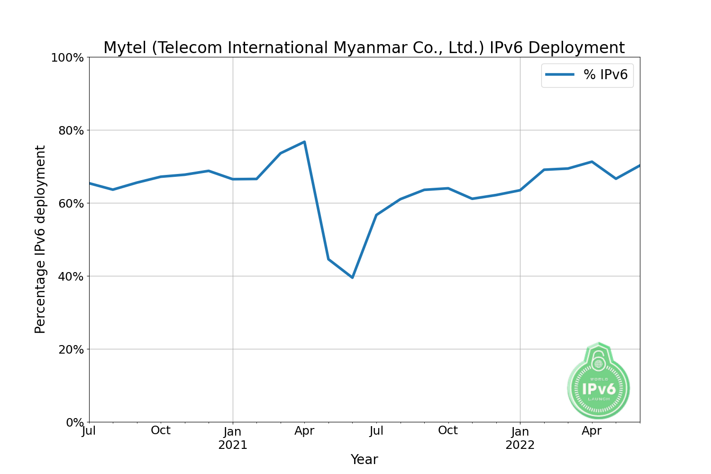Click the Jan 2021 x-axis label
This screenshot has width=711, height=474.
pos(233,438)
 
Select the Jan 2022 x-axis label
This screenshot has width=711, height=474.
pos(520,438)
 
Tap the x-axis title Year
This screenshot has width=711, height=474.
pos(364,460)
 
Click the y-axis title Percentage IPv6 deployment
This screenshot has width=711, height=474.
pos(40,239)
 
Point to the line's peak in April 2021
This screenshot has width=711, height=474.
pos(304,142)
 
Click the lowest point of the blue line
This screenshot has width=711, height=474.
pos(352,277)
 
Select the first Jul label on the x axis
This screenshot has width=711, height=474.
pos(89,431)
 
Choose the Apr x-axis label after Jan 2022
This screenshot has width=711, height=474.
pos(592,431)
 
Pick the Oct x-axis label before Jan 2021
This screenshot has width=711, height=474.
pos(161,431)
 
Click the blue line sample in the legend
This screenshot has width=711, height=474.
pos(560,75)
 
